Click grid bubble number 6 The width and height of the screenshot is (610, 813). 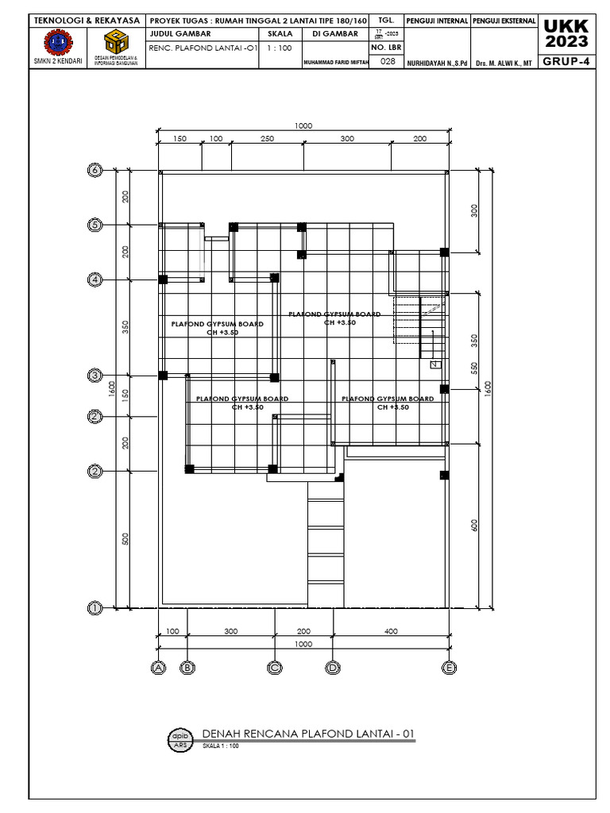point(95,170)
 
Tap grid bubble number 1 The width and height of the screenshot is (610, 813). point(95,608)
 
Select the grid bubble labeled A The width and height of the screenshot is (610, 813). point(159,669)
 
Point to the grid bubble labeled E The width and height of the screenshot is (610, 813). point(450,669)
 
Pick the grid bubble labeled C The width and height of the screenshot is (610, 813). point(275,669)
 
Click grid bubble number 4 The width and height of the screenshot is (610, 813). point(95,279)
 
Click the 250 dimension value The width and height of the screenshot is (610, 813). point(267,139)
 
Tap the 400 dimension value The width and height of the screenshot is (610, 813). point(391,631)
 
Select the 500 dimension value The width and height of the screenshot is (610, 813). point(125,539)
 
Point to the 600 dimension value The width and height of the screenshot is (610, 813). point(474,525)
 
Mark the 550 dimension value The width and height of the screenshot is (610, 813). point(474,368)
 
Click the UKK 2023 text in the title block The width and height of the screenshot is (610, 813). point(566,33)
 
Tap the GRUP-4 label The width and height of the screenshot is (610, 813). point(566,62)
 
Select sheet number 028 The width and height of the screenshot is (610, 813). point(388,61)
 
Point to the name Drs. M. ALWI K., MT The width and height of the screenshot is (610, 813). point(504,62)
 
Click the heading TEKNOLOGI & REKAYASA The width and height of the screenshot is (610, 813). point(87,20)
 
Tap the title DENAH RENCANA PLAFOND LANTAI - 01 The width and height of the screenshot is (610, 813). point(308,734)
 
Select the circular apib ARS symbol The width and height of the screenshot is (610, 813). point(180,738)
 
